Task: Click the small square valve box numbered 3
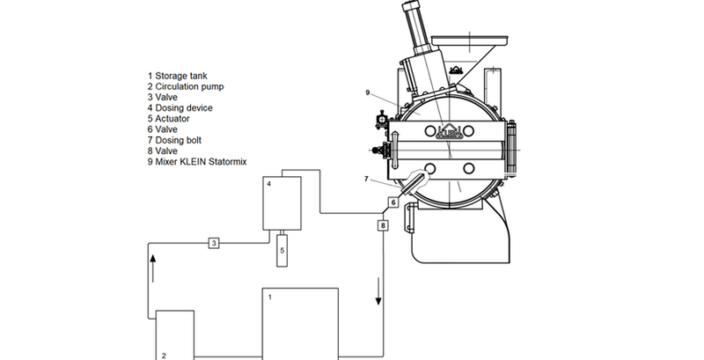pyautogui.click(x=213, y=243)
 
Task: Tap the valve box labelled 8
pyautogui.click(x=382, y=225)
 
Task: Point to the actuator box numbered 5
pyautogui.click(x=282, y=250)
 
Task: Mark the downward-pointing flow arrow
pyautogui.click(x=380, y=297)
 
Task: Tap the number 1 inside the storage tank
pyautogui.click(x=269, y=298)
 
